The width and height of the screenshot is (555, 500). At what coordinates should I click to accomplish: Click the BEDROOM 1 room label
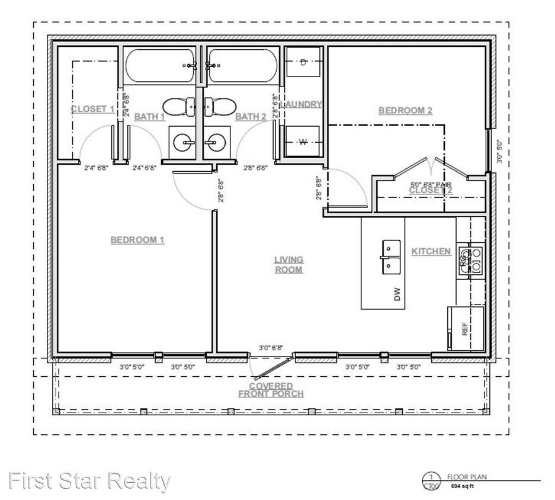(x=137, y=240)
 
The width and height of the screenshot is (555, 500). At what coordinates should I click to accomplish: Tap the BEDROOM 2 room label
(x=405, y=110)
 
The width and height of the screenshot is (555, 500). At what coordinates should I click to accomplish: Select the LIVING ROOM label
(x=288, y=264)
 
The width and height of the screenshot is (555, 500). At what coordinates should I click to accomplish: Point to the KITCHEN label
(x=431, y=251)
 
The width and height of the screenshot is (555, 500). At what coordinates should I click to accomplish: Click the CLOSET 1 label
(x=92, y=109)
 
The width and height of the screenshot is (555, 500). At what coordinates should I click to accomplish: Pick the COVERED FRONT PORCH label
(x=271, y=390)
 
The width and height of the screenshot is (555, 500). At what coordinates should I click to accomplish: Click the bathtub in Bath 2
(x=241, y=66)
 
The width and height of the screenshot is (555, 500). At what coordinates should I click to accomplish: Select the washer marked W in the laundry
(x=303, y=141)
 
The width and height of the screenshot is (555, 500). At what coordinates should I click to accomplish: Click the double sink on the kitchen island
(x=390, y=257)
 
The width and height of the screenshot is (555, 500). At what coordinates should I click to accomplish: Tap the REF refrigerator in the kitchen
(x=464, y=328)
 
